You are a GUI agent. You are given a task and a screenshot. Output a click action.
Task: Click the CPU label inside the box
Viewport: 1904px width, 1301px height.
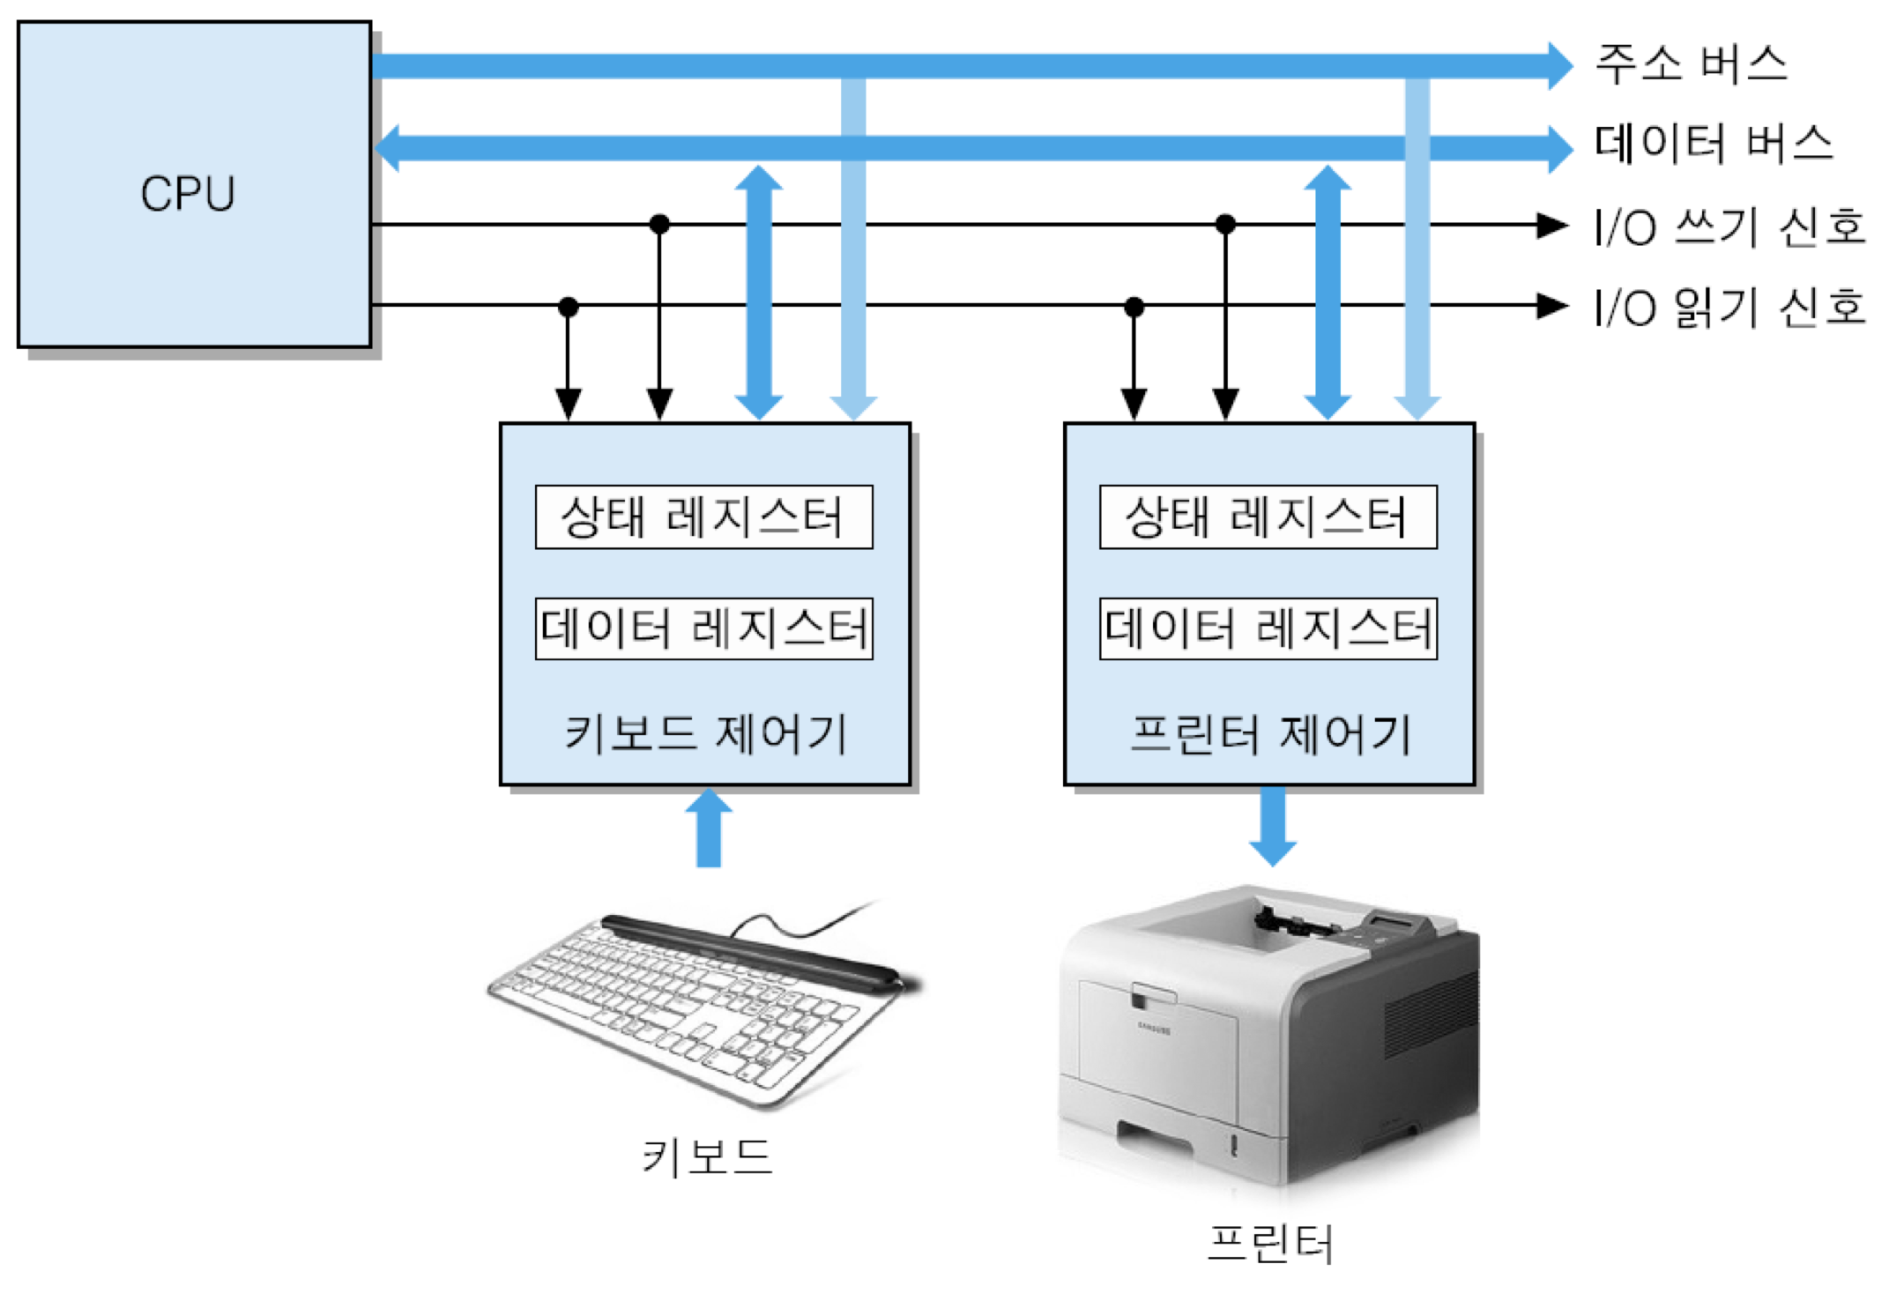pos(188,193)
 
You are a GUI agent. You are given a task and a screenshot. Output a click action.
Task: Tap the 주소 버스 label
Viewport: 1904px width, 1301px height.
pos(1691,64)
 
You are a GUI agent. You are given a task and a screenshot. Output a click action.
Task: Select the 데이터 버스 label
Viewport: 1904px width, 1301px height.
pos(1713,144)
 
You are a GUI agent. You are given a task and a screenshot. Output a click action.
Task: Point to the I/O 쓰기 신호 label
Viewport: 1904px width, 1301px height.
pos(1729,227)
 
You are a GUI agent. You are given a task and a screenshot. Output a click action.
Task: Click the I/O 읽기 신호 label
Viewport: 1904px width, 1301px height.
pos(1729,308)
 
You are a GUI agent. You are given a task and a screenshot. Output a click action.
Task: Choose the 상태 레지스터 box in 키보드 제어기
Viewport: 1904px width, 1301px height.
pos(703,517)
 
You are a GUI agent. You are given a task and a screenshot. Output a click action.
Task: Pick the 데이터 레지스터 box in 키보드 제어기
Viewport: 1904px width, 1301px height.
pos(703,628)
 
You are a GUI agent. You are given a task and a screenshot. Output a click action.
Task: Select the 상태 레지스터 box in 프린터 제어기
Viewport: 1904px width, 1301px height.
pos(1268,517)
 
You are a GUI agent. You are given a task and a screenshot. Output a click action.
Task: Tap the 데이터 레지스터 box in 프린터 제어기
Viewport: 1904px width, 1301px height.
pos(1268,628)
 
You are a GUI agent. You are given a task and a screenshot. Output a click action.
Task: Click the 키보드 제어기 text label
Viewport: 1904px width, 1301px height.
pos(705,733)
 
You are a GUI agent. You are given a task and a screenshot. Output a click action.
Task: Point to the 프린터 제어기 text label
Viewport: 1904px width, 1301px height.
pos(1270,733)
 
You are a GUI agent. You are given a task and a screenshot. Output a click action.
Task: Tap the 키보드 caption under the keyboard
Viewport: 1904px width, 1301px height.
pos(707,1156)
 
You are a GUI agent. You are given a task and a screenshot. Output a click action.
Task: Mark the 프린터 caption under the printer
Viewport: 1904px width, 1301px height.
pos(1269,1244)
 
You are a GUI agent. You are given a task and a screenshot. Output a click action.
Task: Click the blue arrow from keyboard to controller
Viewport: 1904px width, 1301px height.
pos(709,829)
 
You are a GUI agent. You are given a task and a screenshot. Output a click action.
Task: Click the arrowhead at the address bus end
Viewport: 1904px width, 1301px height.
pos(1558,65)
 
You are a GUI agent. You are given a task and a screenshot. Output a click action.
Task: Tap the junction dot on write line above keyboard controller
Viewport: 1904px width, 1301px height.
pos(659,224)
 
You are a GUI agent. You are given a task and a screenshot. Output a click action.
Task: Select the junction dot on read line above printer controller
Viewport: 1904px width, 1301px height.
pos(1134,307)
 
